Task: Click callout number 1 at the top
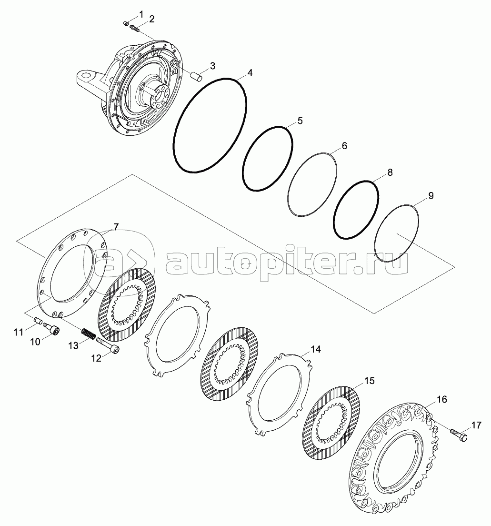[x=141, y=14]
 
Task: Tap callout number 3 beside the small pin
[x=212, y=66]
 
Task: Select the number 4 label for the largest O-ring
[x=250, y=73]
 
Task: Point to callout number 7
[x=116, y=227]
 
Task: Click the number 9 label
[x=431, y=195]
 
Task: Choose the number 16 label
[x=442, y=400]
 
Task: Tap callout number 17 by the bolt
[x=476, y=425]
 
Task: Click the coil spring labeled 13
[x=89, y=334]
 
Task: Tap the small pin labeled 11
[x=38, y=320]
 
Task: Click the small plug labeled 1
[x=126, y=23]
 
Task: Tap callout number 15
[x=369, y=381]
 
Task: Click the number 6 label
[x=344, y=146]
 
